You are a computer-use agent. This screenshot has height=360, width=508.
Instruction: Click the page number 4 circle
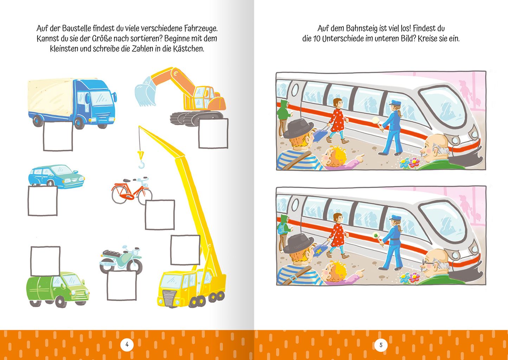(127, 345)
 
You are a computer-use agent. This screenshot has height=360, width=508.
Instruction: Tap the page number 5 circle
(381, 345)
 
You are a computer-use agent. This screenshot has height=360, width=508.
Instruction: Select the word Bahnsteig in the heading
(362, 28)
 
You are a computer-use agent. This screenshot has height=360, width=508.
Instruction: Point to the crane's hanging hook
(141, 163)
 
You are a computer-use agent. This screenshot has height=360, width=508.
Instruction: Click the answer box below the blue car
(43, 201)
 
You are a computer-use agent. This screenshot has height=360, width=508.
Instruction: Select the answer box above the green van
(45, 261)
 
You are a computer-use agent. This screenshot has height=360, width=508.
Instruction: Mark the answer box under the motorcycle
(122, 286)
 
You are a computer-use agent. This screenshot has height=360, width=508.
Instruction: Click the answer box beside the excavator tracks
(213, 133)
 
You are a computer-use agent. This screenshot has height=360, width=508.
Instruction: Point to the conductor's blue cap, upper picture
(394, 103)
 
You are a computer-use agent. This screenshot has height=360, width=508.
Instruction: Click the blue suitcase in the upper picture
(321, 135)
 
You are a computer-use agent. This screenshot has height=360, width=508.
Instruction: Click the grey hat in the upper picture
(298, 127)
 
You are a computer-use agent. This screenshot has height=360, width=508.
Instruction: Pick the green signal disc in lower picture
(377, 236)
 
